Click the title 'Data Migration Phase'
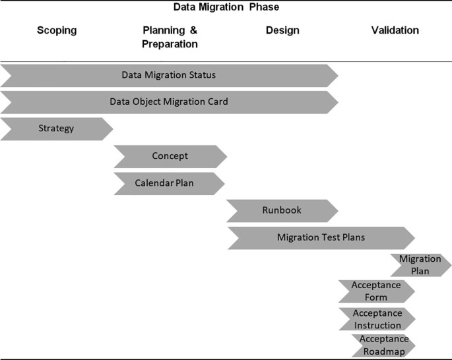pos(226,7)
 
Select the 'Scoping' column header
pos(57,30)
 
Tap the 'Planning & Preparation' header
pos(170,37)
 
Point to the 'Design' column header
pos(282,30)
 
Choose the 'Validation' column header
pos(395,30)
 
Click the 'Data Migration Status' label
pos(169,75)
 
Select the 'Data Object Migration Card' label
pos(169,102)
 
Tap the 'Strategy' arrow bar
pos(56,129)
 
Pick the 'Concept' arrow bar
pos(170,156)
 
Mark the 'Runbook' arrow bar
pos(282,210)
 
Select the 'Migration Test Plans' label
pos(321,237)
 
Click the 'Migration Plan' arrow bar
pos(420,264)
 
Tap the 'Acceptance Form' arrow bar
pos(377,291)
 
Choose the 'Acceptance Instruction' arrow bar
pos(377,318)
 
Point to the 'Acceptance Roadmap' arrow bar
pos(384,345)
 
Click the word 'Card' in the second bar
pos(217,102)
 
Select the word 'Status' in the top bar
pos(201,75)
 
